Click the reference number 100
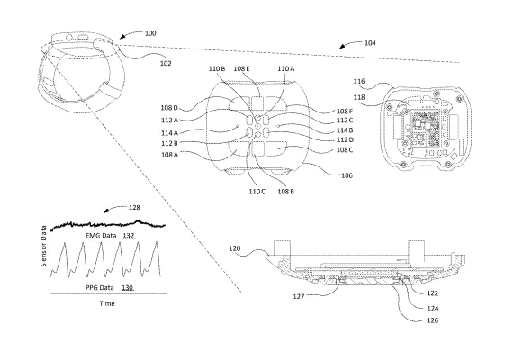[x=150, y=33]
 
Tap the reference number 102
[x=166, y=63]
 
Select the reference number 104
[x=370, y=43]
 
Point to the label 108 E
[x=241, y=69]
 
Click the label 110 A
[x=286, y=69]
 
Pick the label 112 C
[x=345, y=121]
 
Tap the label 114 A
[x=170, y=133]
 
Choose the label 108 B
[x=286, y=192]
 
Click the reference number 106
[x=347, y=175]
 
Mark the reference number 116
[x=359, y=82]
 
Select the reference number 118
[x=359, y=97]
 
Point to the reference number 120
[x=235, y=248]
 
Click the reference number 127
[x=299, y=296]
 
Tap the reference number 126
[x=432, y=320]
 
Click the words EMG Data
[x=101, y=236]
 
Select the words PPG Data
[x=100, y=287]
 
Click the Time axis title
[x=107, y=303]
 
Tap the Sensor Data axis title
[x=44, y=246]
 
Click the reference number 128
[x=134, y=208]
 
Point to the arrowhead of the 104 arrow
[x=341, y=48]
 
